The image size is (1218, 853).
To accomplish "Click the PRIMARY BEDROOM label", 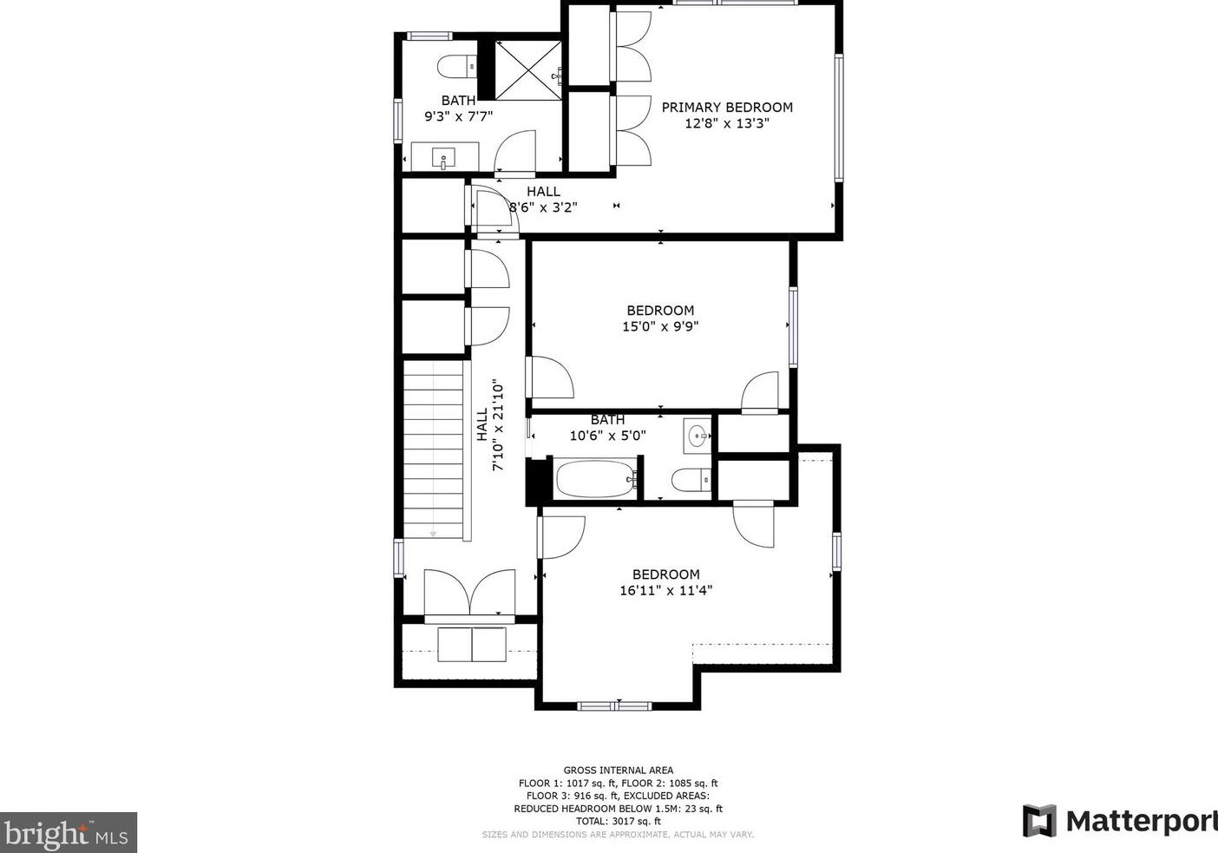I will point(727,108).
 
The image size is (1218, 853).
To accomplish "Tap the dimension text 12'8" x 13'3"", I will point(727,123).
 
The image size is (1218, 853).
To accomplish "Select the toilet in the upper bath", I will point(456,67).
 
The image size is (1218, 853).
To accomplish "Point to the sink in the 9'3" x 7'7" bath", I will point(444,158).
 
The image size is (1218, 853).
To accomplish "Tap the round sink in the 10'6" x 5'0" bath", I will point(697,436).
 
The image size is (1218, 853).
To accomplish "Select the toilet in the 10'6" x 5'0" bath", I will point(691,479).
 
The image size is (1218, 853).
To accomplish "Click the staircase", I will point(434,451).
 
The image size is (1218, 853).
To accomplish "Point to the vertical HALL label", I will point(482,424).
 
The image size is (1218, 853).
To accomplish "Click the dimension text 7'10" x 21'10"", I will point(498,424).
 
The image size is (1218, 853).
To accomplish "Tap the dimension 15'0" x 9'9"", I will point(660,326).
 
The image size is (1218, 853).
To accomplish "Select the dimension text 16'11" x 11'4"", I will point(665,590).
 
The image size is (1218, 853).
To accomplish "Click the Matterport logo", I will point(1119,820).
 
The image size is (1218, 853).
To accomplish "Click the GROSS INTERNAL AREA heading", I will point(618,770).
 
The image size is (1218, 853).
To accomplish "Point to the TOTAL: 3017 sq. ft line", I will point(618,821).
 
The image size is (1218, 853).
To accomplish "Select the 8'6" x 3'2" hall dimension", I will point(543,207).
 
